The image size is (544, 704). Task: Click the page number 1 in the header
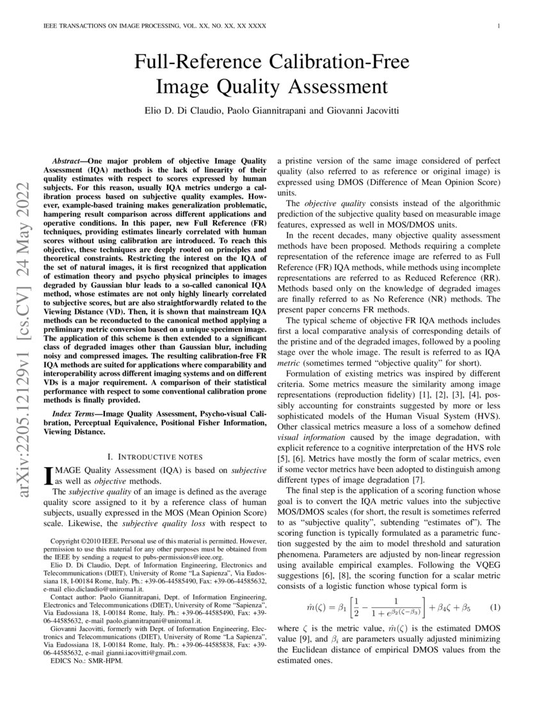point(498,26)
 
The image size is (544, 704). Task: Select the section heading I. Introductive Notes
point(155,456)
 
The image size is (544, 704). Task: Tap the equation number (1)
point(495,606)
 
